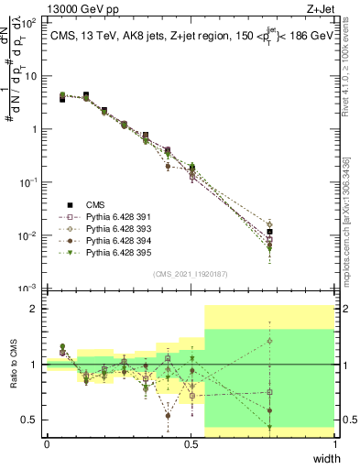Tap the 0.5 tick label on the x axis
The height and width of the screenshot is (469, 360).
pos(190,444)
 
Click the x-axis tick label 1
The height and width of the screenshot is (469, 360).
pos(335,444)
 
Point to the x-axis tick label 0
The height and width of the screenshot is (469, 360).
pos(46,444)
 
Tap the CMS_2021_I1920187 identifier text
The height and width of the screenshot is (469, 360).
pos(191,272)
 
